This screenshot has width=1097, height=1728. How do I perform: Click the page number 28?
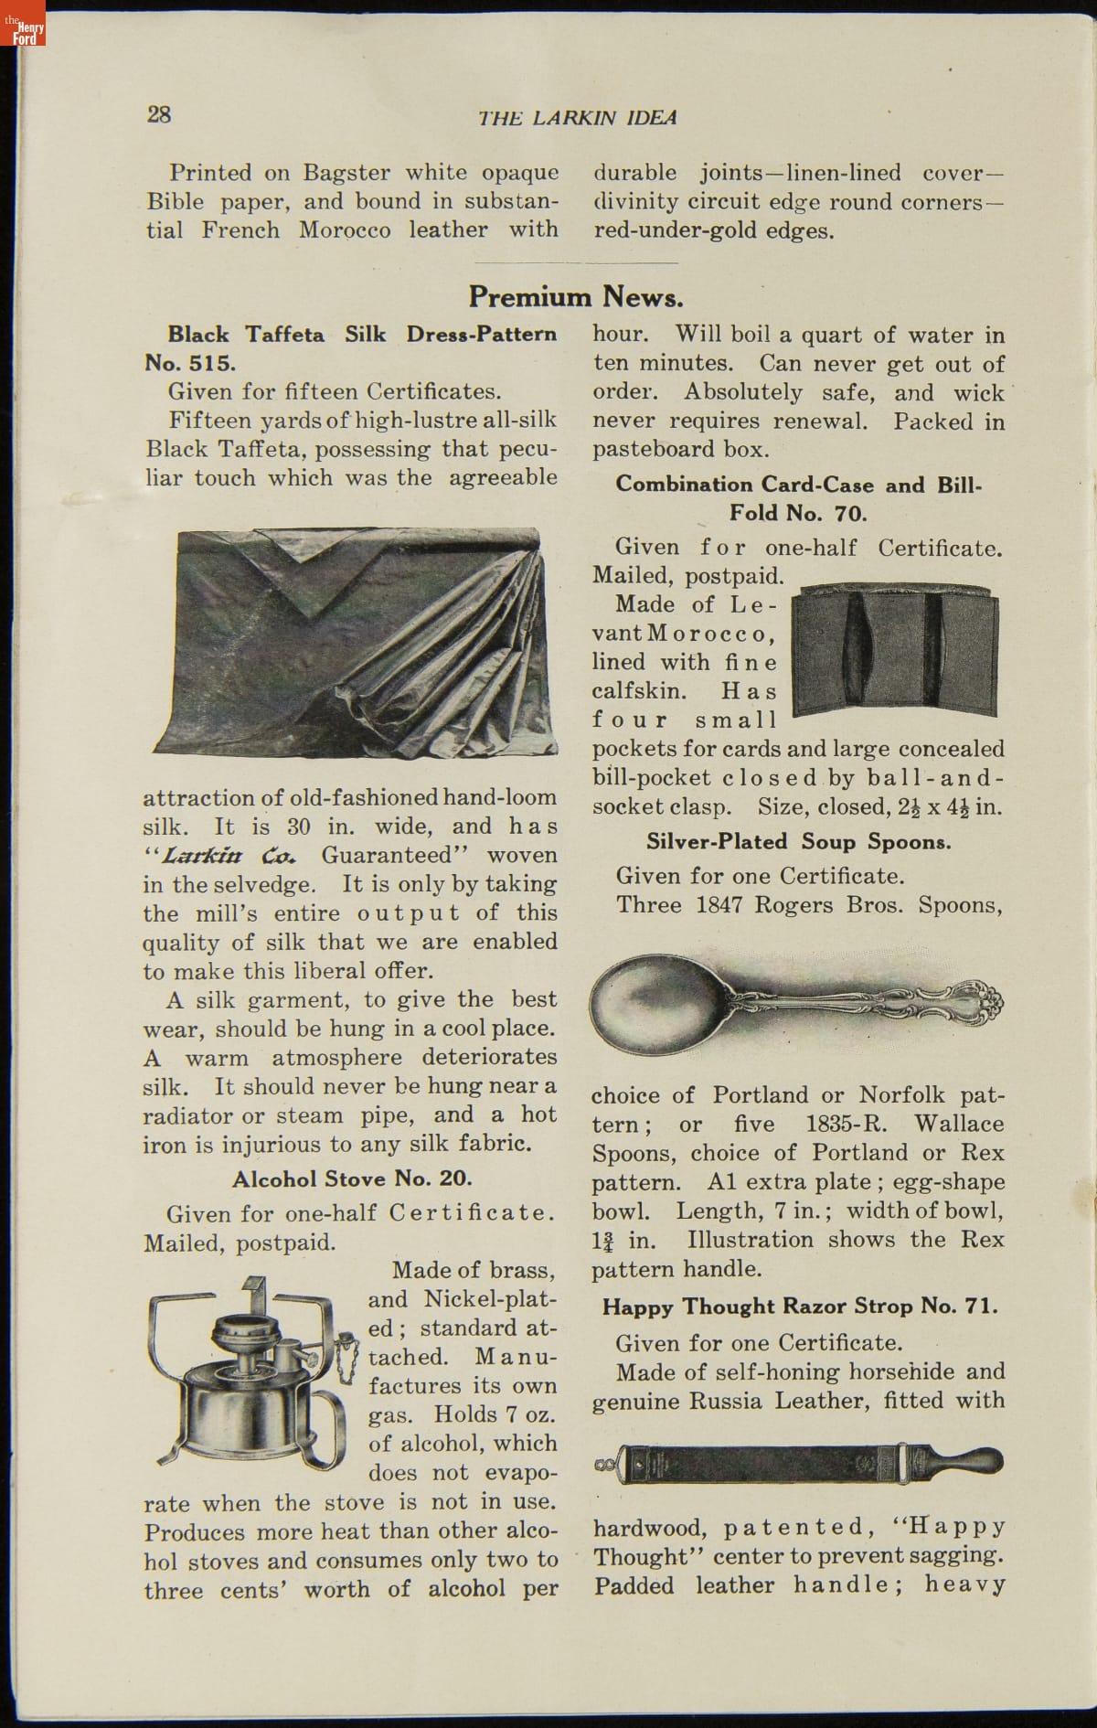tap(159, 114)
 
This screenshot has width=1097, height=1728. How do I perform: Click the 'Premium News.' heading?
tap(576, 297)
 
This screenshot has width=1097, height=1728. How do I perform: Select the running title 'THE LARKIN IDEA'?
tap(578, 118)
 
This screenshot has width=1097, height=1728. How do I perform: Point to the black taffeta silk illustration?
tap(357, 640)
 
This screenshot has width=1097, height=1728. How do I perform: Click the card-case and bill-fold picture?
tap(895, 651)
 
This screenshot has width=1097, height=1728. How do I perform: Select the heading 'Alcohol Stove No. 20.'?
tap(352, 1179)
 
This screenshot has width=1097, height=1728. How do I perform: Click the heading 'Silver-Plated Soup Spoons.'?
tap(798, 842)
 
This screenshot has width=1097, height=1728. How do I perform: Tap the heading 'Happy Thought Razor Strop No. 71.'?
tap(800, 1307)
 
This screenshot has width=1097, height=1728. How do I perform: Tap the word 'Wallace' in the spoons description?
tap(959, 1124)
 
